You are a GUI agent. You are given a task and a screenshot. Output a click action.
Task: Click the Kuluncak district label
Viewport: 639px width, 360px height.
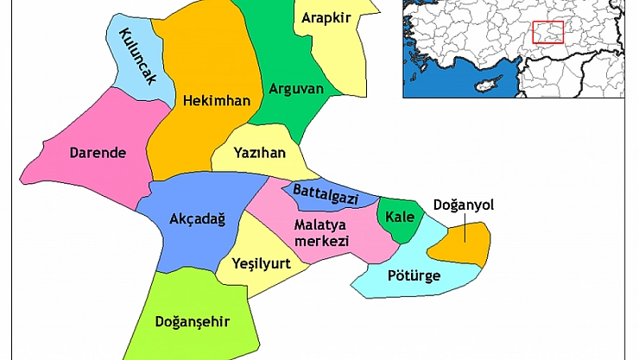point(136,55)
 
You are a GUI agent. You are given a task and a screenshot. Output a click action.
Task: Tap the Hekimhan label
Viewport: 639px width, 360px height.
point(217,101)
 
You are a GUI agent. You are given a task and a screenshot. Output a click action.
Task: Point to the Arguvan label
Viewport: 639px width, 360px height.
point(296,88)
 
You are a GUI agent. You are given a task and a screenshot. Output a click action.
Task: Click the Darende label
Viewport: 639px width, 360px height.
point(98,154)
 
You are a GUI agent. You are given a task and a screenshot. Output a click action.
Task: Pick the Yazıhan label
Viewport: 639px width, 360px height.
point(259,152)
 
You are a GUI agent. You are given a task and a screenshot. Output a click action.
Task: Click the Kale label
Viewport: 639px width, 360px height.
point(400,216)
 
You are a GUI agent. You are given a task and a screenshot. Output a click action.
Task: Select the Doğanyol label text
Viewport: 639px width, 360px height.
point(462,205)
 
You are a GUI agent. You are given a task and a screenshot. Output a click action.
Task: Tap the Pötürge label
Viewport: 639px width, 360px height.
point(414,276)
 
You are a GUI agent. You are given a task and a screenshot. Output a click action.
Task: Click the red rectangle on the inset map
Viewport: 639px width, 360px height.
point(547,32)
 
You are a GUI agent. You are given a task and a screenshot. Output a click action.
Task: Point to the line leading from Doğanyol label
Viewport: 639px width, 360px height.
point(464,229)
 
